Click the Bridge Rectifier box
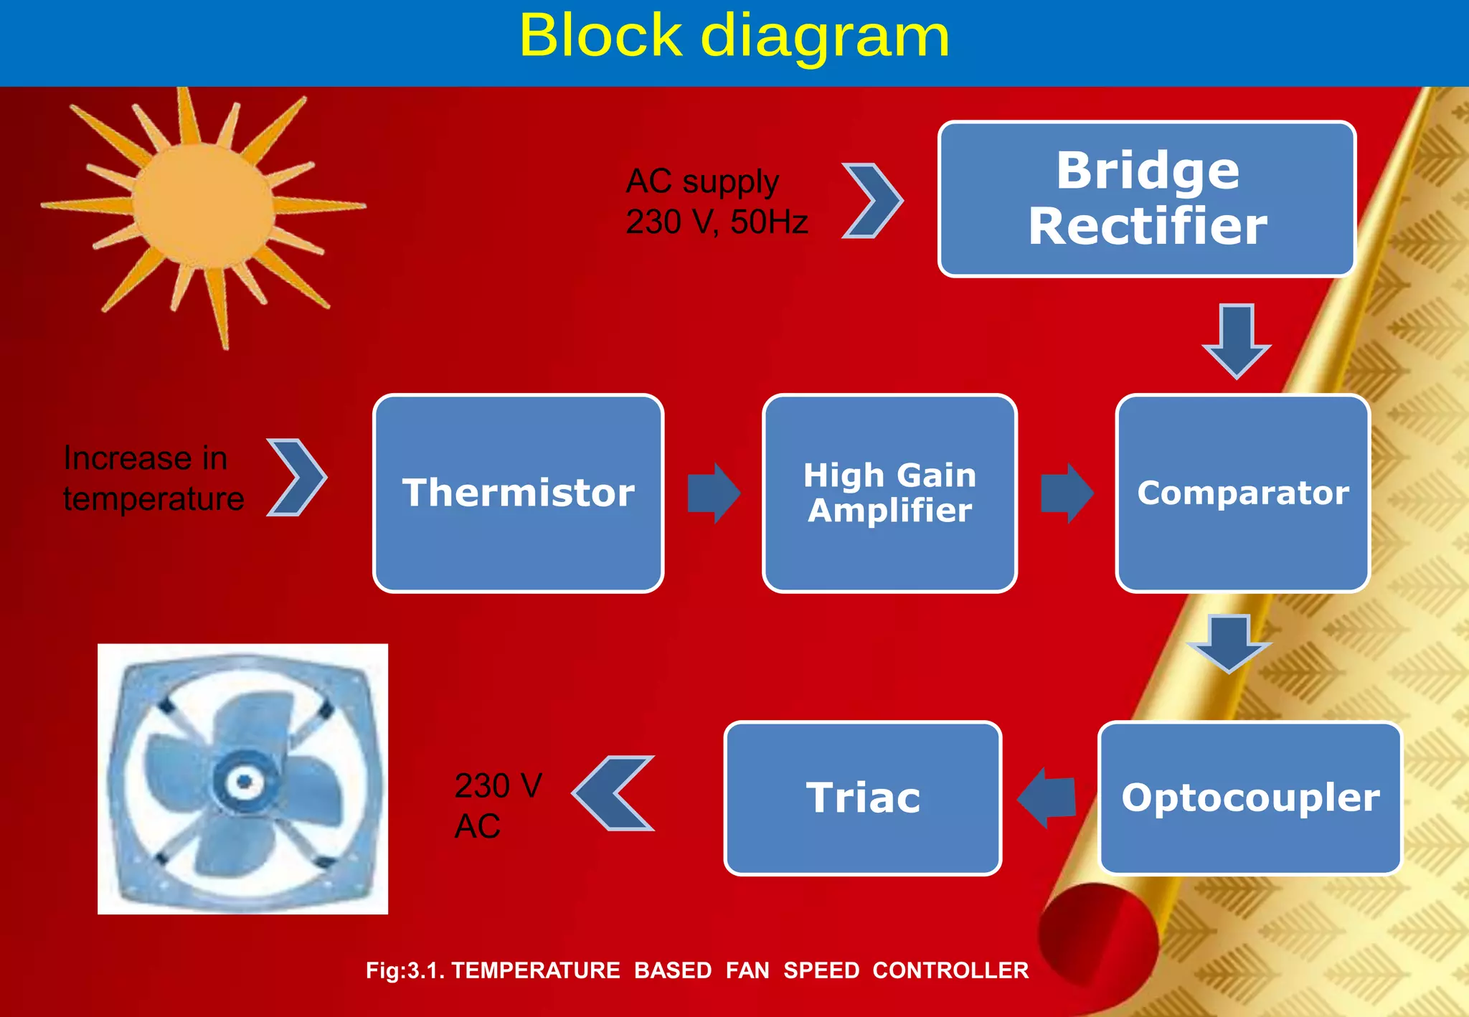tap(1146, 199)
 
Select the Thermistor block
tap(518, 493)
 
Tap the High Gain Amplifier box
tap(889, 493)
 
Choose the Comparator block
tap(1242, 493)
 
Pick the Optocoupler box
tap(1250, 798)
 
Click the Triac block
tap(862, 798)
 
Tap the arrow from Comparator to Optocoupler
tap(1229, 643)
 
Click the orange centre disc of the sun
tap(204, 207)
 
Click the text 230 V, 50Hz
tap(716, 222)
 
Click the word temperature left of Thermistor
tap(153, 499)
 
